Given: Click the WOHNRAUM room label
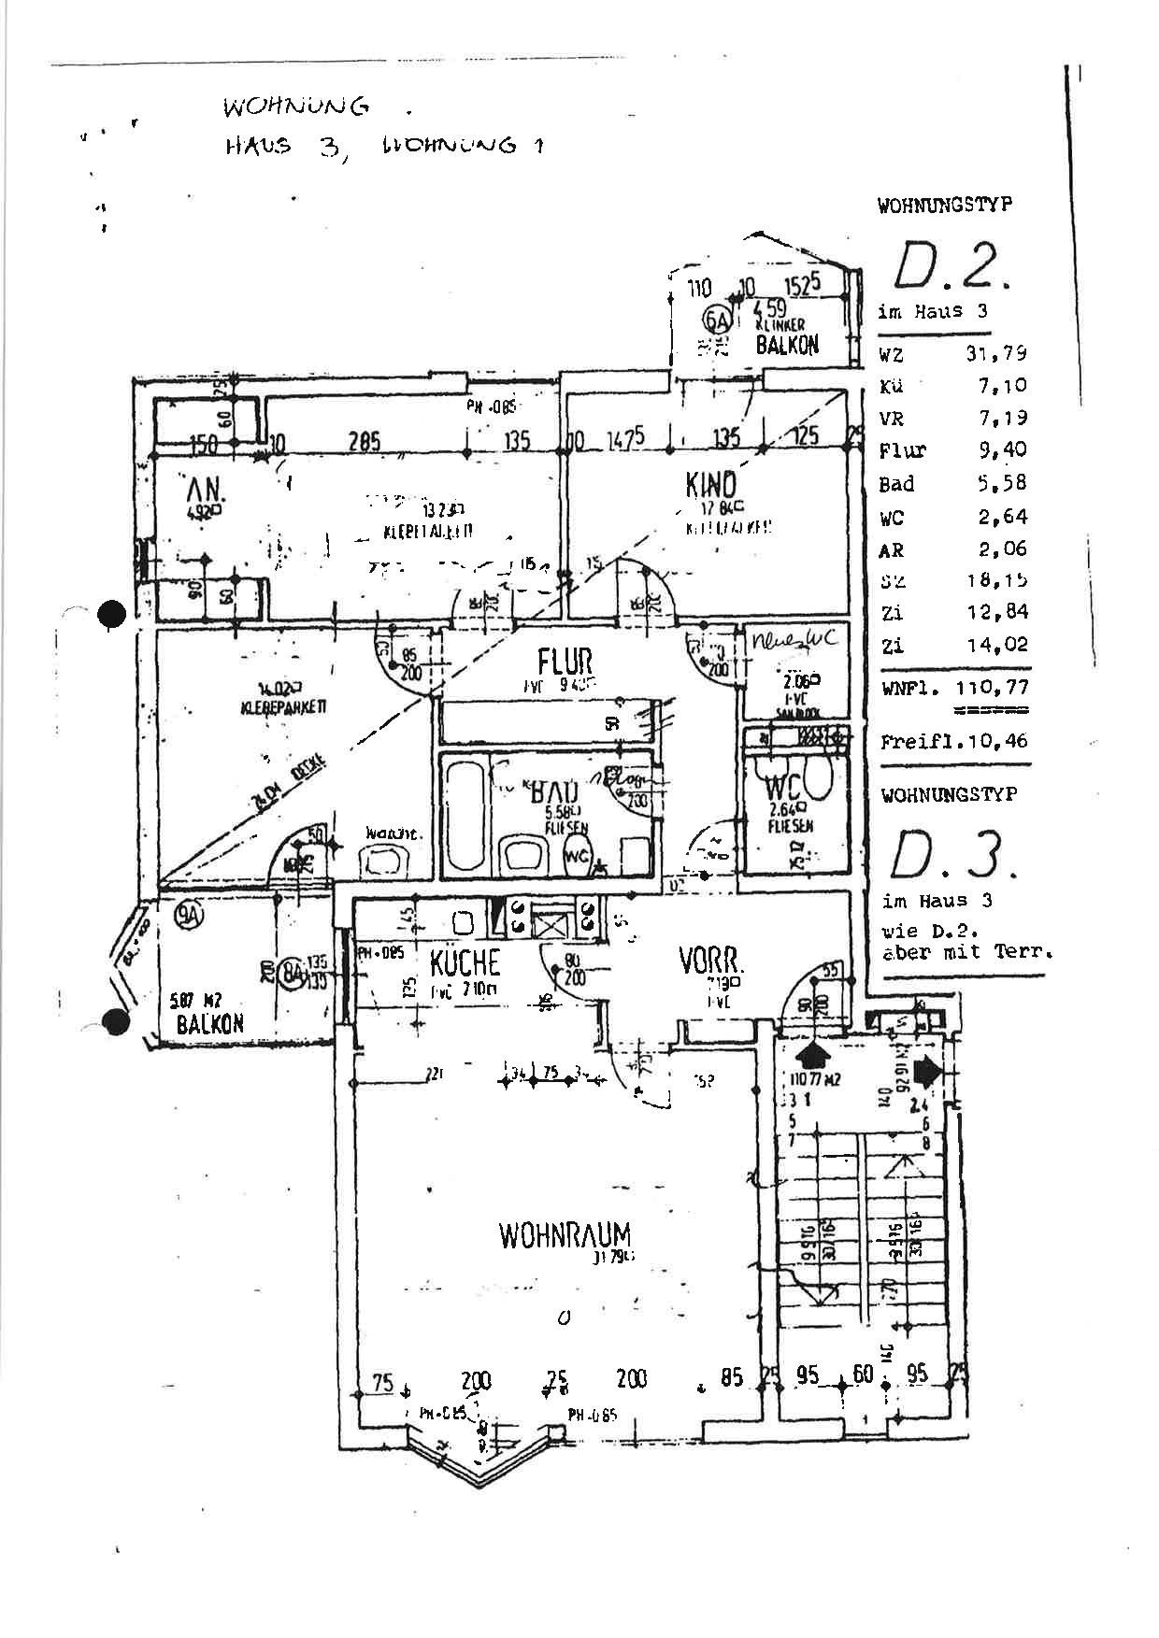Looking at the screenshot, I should [x=565, y=1235].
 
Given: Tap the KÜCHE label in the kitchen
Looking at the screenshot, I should [x=465, y=962].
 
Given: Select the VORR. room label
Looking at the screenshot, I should [x=711, y=961].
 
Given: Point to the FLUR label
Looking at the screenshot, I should [x=565, y=661].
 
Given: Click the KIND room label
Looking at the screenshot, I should [x=710, y=485].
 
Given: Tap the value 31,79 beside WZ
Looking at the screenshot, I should [x=996, y=353].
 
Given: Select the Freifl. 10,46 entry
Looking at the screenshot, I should [x=953, y=741].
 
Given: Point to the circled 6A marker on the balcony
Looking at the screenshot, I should [x=719, y=320].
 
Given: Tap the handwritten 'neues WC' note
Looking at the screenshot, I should [x=794, y=641].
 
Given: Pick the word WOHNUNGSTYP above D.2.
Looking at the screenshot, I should [x=944, y=206].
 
